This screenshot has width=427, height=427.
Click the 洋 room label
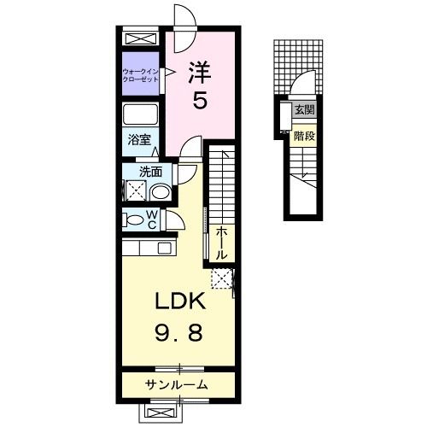pos(200,73)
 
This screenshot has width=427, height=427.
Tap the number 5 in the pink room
pos(200,100)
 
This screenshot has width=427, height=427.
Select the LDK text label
pos(180,301)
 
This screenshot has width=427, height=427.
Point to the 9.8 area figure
pos(179,333)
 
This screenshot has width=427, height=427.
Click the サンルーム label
pos(177,385)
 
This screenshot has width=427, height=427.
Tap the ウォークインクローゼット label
pos(140,75)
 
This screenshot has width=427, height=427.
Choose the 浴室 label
pos(139,139)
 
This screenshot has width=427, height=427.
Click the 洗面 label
pos(150,172)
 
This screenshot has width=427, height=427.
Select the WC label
pos(152,219)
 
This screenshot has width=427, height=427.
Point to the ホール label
pos(221,243)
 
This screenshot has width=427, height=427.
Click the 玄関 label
pos(304,109)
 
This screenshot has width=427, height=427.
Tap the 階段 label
pos(304,136)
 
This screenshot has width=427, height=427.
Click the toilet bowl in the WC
pos(133,219)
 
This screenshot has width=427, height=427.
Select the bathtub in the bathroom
pos(140,114)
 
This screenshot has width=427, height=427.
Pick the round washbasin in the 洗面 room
pos(160,193)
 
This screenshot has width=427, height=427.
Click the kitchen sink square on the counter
pos(165,248)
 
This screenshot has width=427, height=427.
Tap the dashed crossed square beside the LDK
pos(222,278)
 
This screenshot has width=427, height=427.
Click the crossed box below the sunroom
pos(161,412)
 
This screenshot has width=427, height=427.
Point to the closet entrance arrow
pos(168,73)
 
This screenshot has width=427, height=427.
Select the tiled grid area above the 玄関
pos(298,67)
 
